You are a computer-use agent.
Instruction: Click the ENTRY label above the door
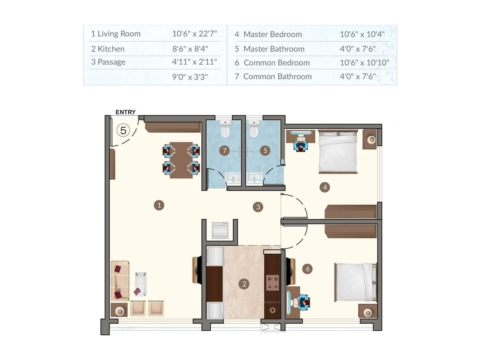pos(125,112)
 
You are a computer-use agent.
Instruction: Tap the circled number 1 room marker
pos(159,205)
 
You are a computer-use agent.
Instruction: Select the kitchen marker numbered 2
pos(244,284)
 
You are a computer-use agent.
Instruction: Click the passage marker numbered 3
pos(258,207)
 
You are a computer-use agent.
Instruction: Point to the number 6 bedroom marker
pos(307,269)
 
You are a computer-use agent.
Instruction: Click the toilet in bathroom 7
pos(225,130)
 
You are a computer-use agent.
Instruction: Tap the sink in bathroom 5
pos(254,178)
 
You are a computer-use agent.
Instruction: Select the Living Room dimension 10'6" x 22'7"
pos(194,34)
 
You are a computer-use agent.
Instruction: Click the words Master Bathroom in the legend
pos(274,49)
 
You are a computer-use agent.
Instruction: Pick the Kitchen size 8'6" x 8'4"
pos(190,49)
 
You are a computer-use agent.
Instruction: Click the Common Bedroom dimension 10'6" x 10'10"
pos(364,63)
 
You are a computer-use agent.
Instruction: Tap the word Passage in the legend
pos(111,62)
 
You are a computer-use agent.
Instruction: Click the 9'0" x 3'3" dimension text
pos(190,77)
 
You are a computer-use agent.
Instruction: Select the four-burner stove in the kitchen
pos(272,283)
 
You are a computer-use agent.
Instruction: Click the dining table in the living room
pos(181,160)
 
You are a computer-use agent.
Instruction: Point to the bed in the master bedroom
pos(338,151)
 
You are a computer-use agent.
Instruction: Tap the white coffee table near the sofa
pos(140,284)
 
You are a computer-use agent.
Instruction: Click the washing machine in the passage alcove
pos(220,230)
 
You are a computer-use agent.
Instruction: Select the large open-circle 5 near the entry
pos(123,130)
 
